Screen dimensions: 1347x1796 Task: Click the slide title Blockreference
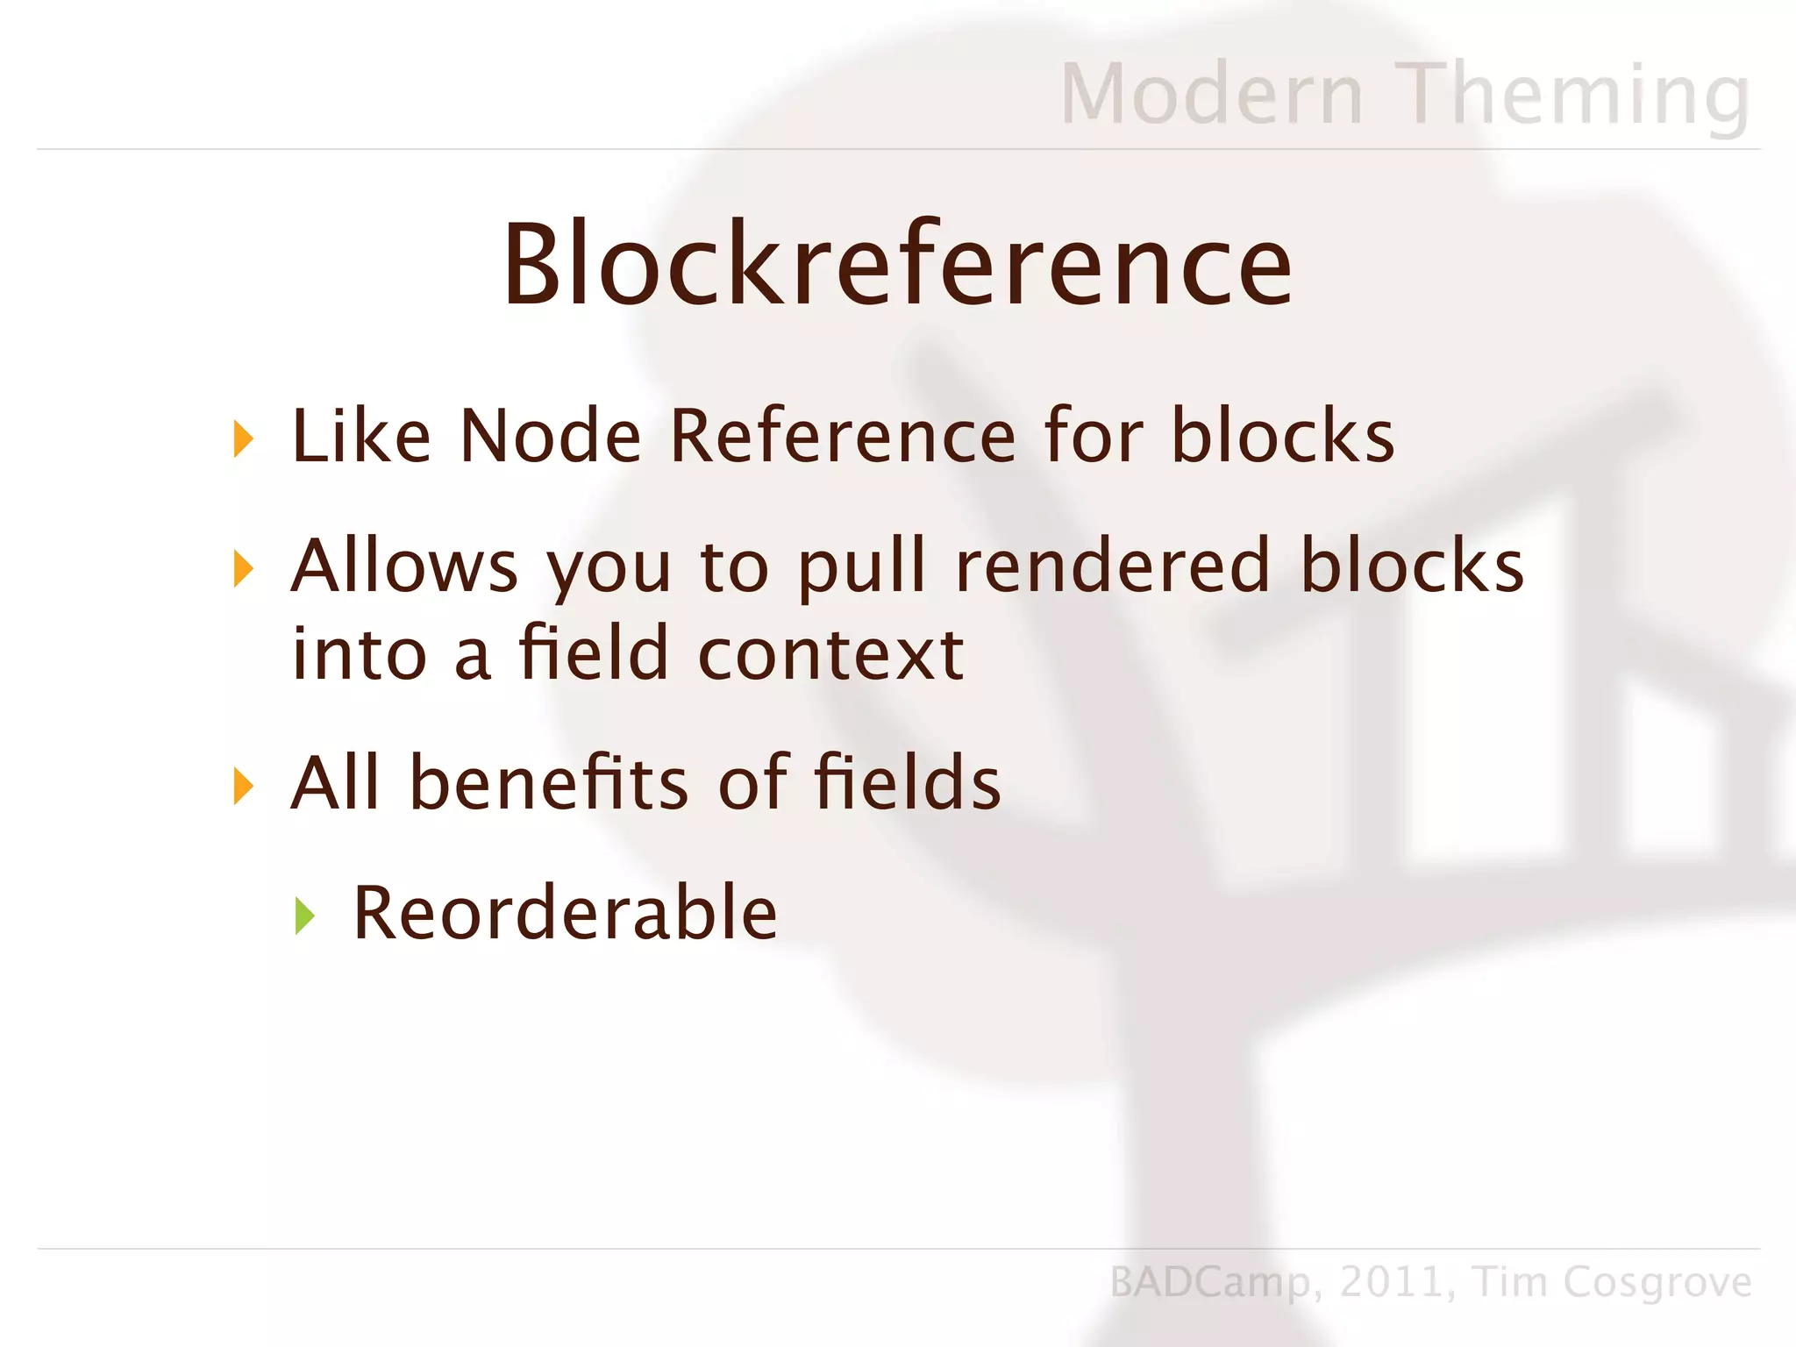pyautogui.click(x=897, y=265)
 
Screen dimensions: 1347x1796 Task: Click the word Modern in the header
pyautogui.click(x=1211, y=95)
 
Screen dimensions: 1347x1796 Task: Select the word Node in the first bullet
pyautogui.click(x=550, y=436)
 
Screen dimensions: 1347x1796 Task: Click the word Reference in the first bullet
pyautogui.click(x=842, y=436)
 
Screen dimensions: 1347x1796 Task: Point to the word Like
pyautogui.click(x=360, y=436)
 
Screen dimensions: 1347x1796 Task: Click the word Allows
pyautogui.click(x=404, y=566)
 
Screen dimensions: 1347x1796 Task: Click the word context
pyautogui.click(x=830, y=654)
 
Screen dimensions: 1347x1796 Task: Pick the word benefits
pyautogui.click(x=549, y=782)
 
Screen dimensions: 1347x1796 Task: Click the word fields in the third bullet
pyautogui.click(x=907, y=782)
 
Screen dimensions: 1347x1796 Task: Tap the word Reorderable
pyautogui.click(x=565, y=913)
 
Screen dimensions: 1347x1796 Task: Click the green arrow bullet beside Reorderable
pyautogui.click(x=304, y=916)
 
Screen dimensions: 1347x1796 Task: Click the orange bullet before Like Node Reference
pyautogui.click(x=243, y=438)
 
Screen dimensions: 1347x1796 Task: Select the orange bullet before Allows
pyautogui.click(x=243, y=568)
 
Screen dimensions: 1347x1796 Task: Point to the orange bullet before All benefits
pyautogui.click(x=243, y=785)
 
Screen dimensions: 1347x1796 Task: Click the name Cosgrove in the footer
pyautogui.click(x=1657, y=1283)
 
